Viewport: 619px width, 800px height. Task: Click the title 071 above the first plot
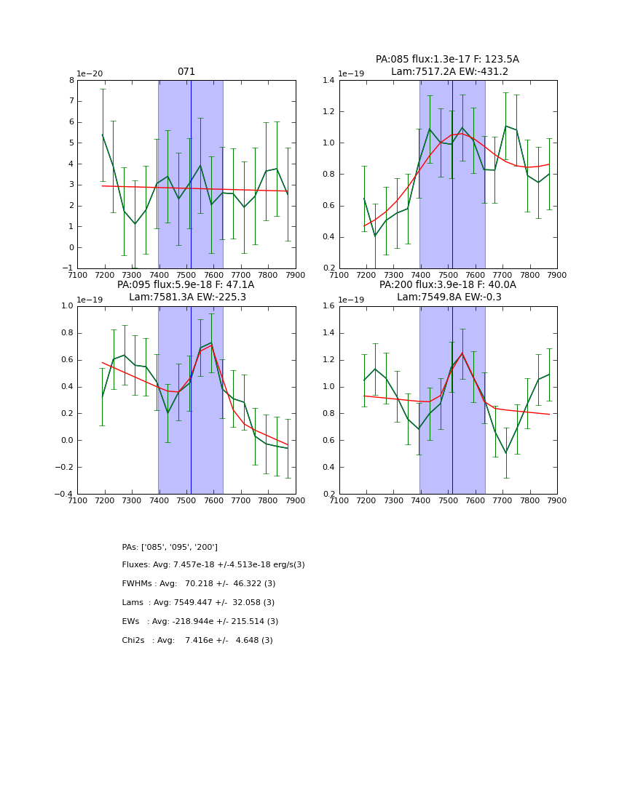(x=186, y=72)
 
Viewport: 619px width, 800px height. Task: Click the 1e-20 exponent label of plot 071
(x=90, y=73)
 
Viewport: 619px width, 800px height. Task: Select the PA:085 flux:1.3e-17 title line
(x=447, y=60)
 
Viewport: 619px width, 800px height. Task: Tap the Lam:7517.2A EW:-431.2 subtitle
(x=449, y=71)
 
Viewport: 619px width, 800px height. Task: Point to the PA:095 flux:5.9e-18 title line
(x=186, y=285)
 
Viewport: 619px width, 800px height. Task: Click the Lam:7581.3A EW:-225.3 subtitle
(x=187, y=297)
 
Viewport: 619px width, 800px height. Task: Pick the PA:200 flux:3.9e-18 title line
(x=447, y=285)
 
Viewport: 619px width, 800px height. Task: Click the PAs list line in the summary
(x=170, y=547)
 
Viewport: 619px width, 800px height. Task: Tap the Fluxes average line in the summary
(x=213, y=565)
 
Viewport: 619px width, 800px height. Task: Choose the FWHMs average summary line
(x=199, y=584)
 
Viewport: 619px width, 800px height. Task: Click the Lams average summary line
(x=198, y=603)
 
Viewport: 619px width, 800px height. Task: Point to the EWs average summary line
(x=200, y=622)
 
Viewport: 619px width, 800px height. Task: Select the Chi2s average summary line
(x=197, y=641)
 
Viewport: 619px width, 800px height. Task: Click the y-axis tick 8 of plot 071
(x=71, y=80)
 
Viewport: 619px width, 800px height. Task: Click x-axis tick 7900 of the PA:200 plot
(x=556, y=500)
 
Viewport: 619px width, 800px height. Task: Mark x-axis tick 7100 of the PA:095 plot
(x=78, y=500)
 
